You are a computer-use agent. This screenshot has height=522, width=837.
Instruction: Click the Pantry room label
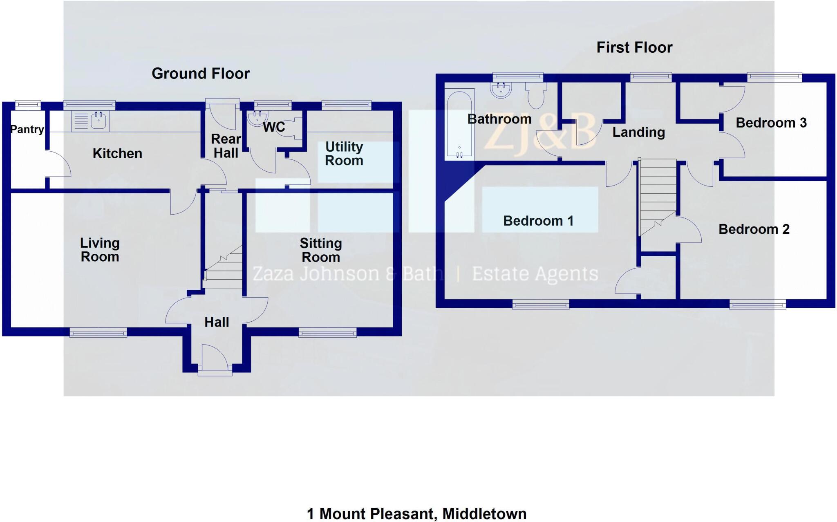tap(27, 130)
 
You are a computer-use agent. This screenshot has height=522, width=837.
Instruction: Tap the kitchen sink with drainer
tap(90, 121)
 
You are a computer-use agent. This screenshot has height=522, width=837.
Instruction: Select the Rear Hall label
tap(226, 146)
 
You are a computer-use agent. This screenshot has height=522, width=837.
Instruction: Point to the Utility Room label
tap(344, 154)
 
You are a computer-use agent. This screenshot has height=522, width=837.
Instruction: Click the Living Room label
tap(100, 250)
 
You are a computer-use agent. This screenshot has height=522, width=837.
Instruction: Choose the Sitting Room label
tap(321, 250)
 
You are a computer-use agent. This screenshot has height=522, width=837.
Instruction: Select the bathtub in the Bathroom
tap(459, 124)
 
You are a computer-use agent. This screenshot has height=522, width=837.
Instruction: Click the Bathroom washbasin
tap(501, 90)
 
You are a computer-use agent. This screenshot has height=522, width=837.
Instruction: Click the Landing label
tap(638, 132)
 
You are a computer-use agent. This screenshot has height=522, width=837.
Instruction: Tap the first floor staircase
tap(657, 196)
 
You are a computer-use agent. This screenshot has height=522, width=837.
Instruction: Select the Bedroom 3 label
tap(771, 123)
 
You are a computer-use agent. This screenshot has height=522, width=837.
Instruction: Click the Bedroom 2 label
tap(754, 229)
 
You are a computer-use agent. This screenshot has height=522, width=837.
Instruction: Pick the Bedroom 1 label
tap(538, 221)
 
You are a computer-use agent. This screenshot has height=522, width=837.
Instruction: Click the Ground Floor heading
tap(201, 74)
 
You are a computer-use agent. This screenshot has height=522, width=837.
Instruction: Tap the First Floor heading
tap(634, 47)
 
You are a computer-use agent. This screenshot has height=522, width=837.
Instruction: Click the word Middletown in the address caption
tap(484, 513)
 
